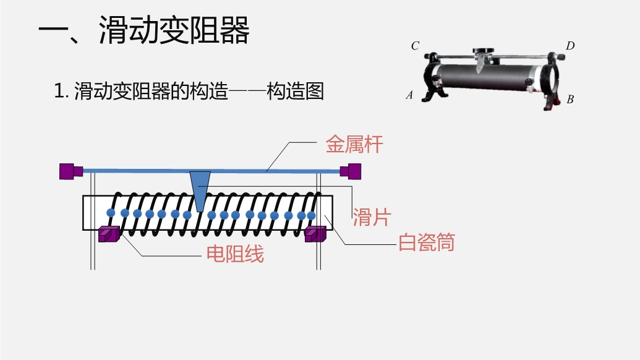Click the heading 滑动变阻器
(174, 31)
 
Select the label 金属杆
(354, 145)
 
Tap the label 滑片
(372, 216)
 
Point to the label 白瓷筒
(427, 242)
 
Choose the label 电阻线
(235, 254)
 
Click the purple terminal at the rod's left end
(70, 171)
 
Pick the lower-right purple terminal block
(315, 234)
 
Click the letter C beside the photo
(415, 46)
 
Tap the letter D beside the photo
(570, 46)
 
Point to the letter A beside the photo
(409, 95)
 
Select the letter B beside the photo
(570, 99)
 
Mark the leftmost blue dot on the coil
(111, 213)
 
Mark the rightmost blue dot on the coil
(311, 215)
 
